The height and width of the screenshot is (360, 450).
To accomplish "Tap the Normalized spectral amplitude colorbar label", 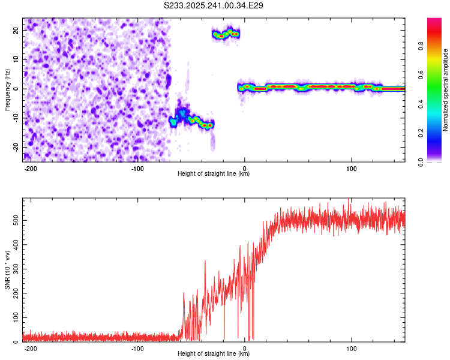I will tap(446, 90).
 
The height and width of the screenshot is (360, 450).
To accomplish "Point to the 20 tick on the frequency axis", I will tap(16, 31).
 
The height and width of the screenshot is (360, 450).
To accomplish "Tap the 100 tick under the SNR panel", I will tap(352, 348).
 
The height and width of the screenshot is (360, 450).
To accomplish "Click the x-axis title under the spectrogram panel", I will tap(214, 174).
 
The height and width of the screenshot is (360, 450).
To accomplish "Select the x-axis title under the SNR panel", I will tap(214, 354).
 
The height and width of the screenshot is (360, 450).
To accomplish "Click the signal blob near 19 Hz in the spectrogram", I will tap(226, 34).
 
